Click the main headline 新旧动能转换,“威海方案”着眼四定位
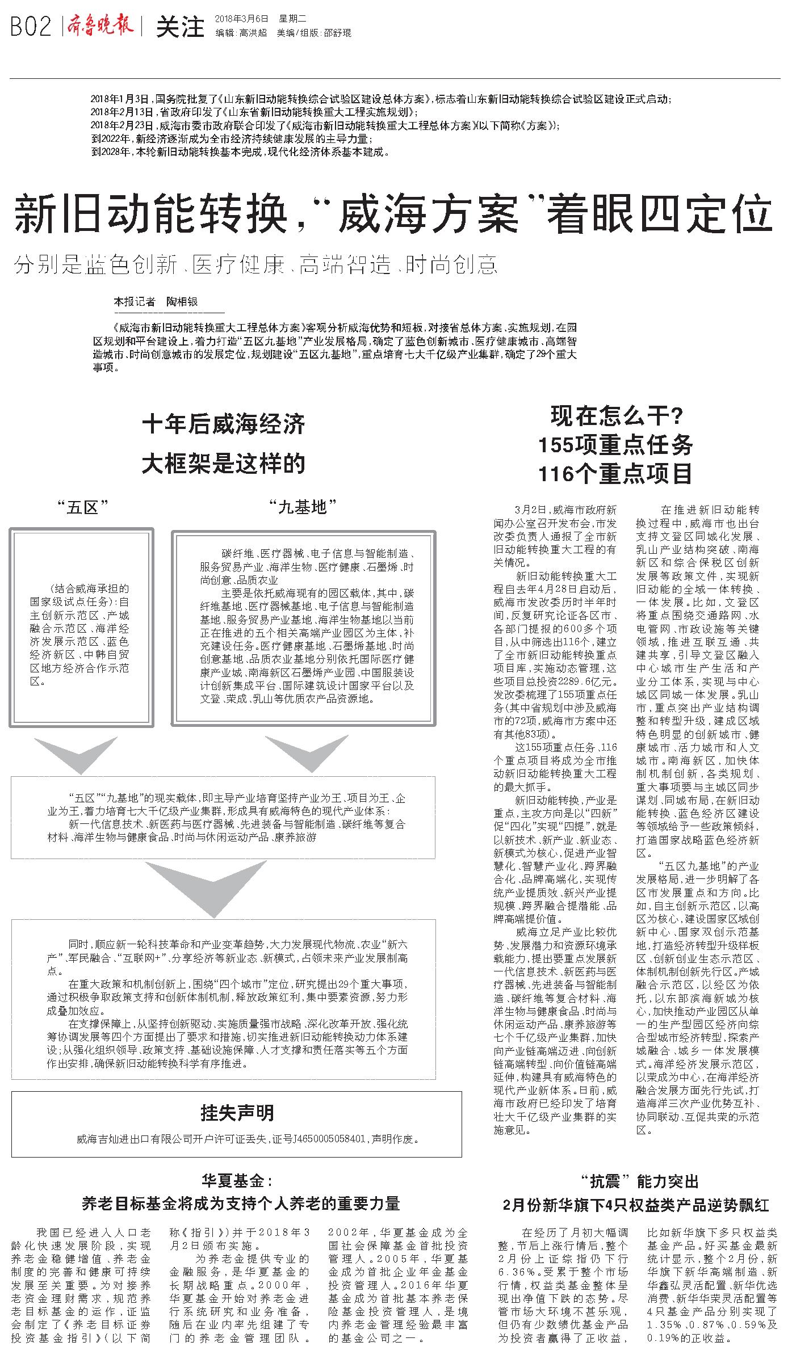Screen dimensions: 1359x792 394,214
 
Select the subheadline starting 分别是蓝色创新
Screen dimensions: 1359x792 255,265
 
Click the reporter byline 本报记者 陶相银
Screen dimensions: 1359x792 156,301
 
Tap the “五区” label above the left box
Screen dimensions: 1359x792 82,507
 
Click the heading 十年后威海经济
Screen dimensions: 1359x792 223,424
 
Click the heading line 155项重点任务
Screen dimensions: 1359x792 616,445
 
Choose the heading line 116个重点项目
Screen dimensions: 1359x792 616,473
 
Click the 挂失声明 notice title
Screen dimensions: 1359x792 237,1113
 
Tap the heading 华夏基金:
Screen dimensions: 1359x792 237,1181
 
